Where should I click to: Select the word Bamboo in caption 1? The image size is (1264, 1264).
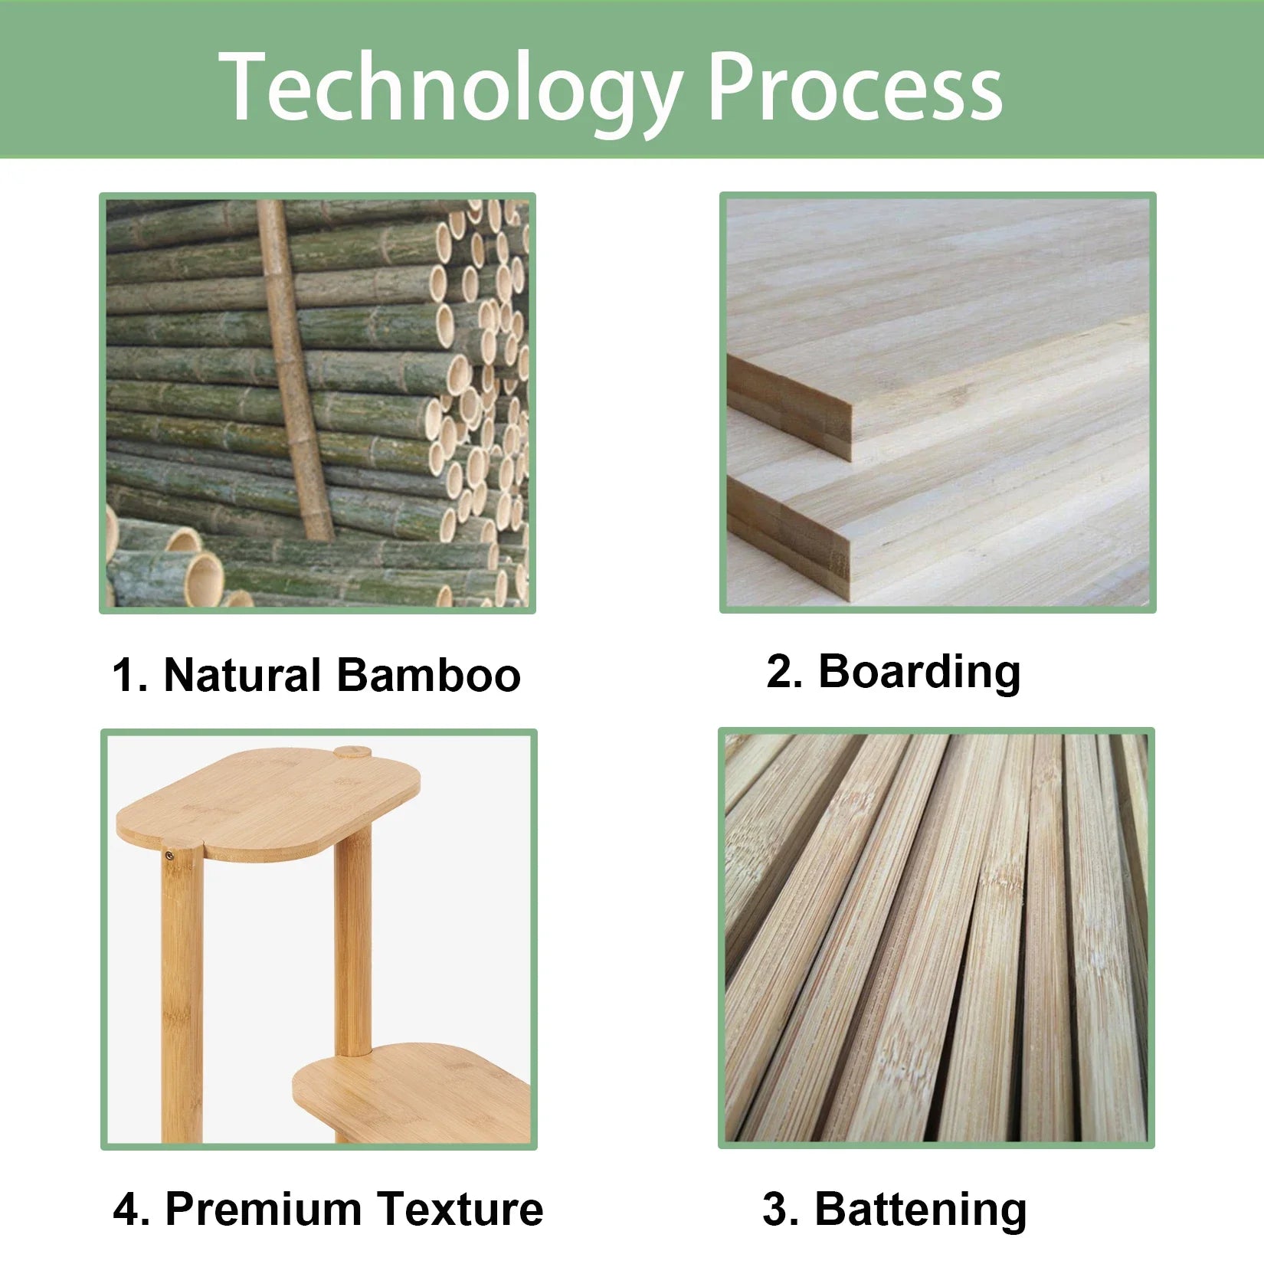(x=428, y=675)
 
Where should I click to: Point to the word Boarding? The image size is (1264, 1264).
(x=919, y=672)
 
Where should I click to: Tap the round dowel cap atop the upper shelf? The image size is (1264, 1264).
(x=352, y=752)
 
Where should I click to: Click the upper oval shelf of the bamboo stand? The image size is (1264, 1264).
(x=268, y=801)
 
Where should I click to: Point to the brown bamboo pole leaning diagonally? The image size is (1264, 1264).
(x=295, y=368)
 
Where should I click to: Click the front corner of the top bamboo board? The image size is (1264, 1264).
(x=850, y=418)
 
